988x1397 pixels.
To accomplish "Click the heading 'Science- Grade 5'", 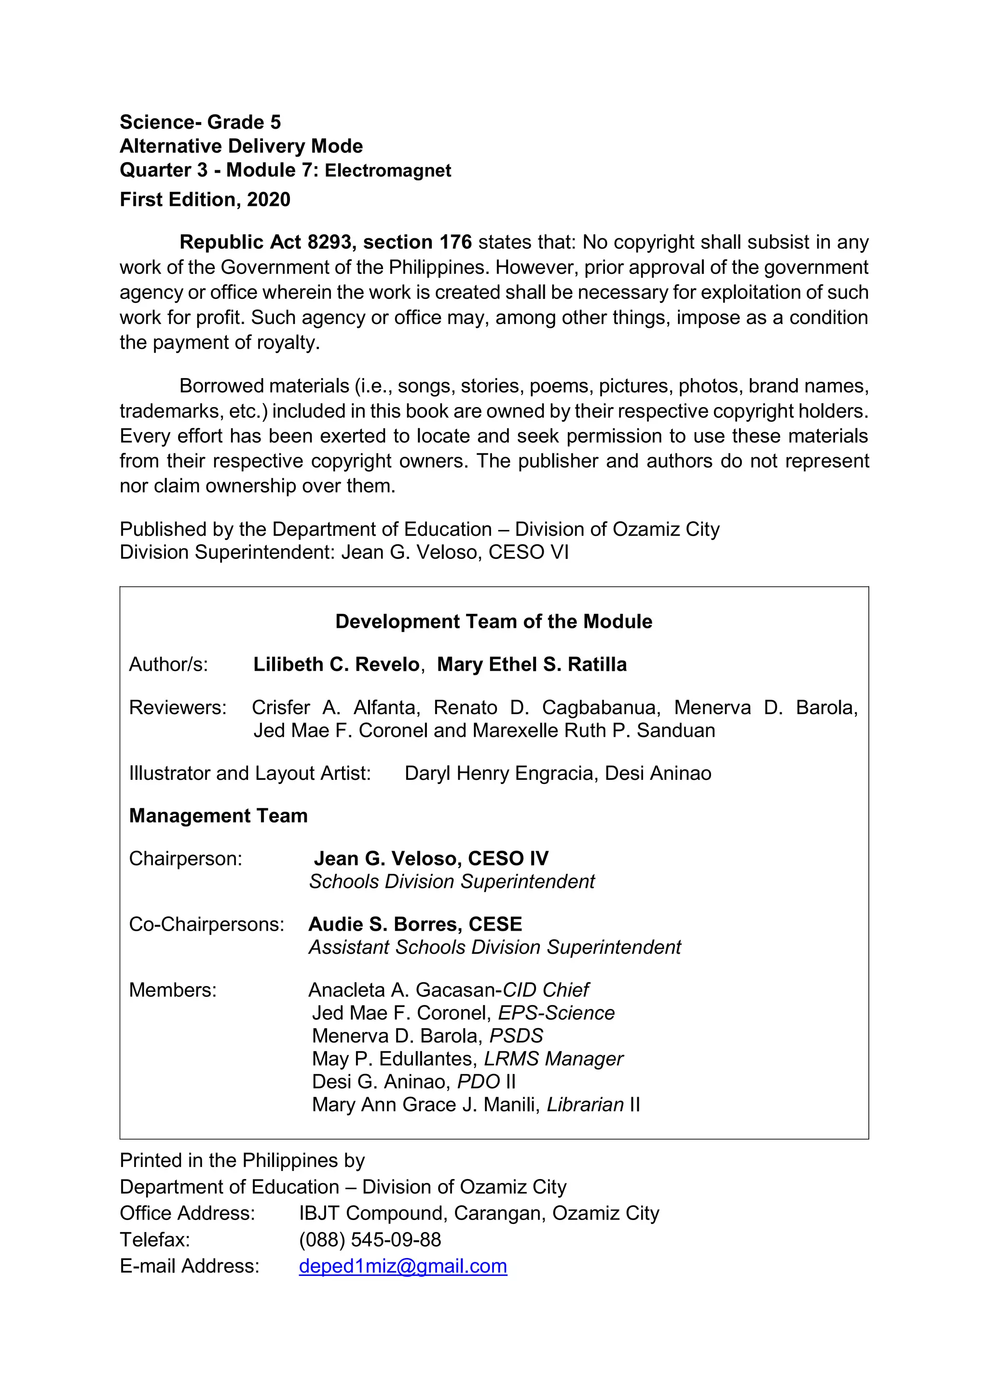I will pyautogui.click(x=200, y=122).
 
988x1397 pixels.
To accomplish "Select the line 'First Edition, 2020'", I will pyautogui.click(x=205, y=200).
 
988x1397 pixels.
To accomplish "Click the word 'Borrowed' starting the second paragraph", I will pyautogui.click(x=221, y=386).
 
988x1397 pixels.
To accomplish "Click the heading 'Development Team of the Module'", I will pyautogui.click(x=494, y=621).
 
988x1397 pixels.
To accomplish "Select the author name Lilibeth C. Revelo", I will pyautogui.click(x=336, y=665).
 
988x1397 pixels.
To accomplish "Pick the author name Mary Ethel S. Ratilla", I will pyautogui.click(x=532, y=665).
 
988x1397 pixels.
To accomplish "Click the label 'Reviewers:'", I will pyautogui.click(x=178, y=707).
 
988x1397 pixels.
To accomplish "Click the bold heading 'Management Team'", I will pyautogui.click(x=218, y=816).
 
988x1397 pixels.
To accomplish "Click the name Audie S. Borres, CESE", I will pyautogui.click(x=415, y=924).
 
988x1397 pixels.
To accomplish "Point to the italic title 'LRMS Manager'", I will pyautogui.click(x=553, y=1058).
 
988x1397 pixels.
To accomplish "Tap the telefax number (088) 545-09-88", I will pyautogui.click(x=370, y=1239).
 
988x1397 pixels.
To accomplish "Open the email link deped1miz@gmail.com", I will pyautogui.click(x=402, y=1266).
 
